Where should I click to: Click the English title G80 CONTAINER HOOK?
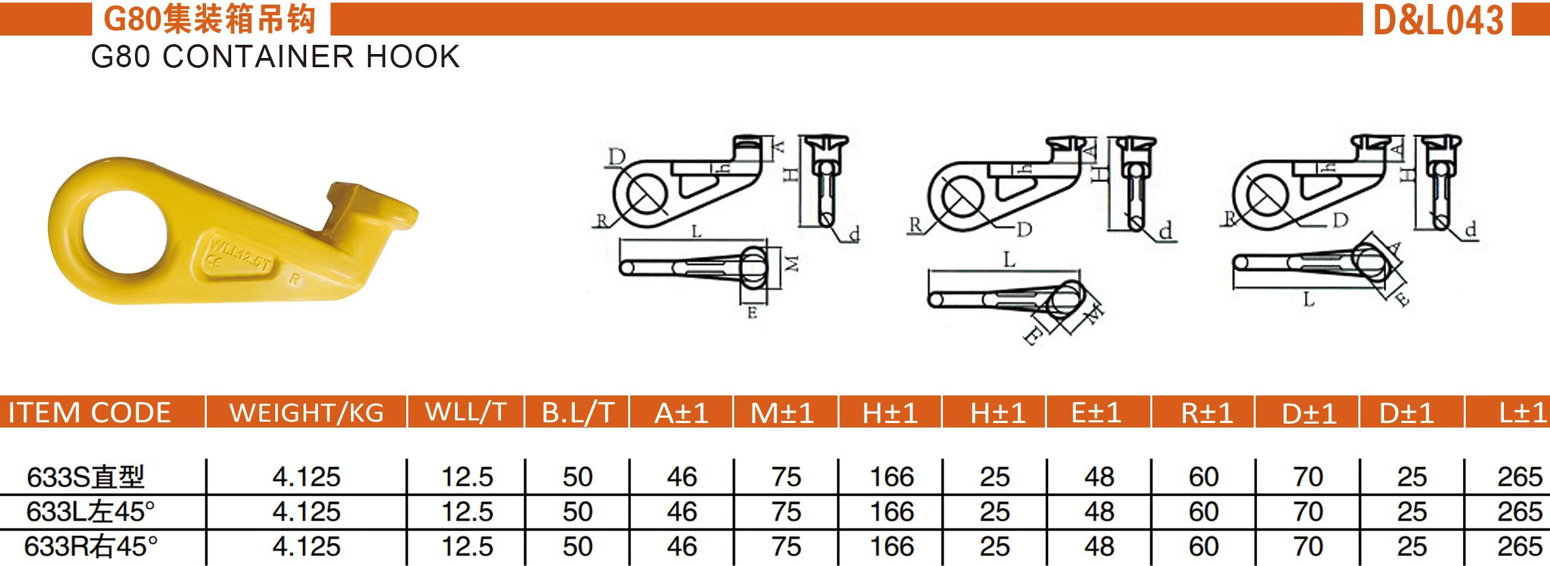tap(275, 57)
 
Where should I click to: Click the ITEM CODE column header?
tap(89, 413)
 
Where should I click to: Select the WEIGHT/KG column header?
tap(306, 413)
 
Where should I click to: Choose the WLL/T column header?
tap(466, 412)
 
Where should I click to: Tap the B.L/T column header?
tap(577, 413)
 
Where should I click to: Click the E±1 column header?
tap(1096, 413)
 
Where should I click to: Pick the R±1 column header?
tap(1206, 413)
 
